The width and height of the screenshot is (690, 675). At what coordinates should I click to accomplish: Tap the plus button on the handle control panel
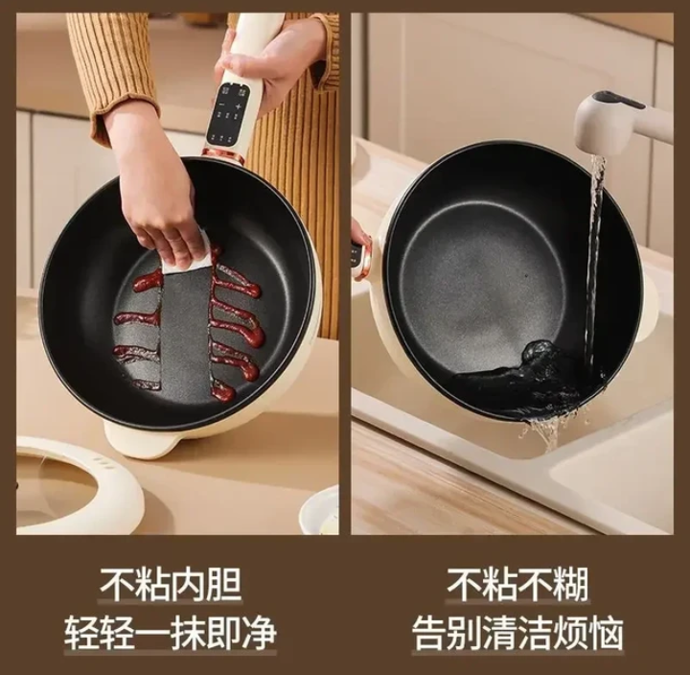coord(238,106)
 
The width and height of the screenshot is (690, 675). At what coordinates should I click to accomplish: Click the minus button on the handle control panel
coord(222,105)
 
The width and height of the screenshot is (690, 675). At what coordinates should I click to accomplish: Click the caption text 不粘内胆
coord(172,585)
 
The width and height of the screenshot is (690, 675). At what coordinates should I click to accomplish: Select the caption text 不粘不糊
coord(517,585)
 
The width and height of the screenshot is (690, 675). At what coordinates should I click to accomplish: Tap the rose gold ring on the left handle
coord(223,154)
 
